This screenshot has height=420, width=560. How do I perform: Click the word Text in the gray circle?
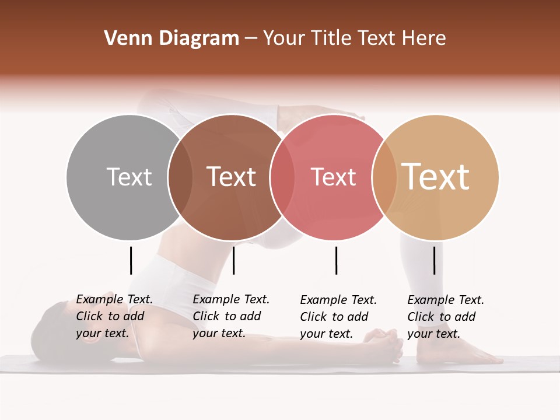tap(129, 177)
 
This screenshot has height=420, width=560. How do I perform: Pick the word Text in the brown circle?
tap(232, 177)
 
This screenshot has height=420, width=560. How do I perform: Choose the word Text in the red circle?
tap(333, 177)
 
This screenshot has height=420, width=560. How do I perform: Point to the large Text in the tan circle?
tap(436, 176)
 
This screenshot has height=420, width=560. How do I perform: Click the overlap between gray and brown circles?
tap(180, 177)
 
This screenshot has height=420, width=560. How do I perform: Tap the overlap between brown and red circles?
tap(281, 177)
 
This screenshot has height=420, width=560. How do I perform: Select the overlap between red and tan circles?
tap(383, 177)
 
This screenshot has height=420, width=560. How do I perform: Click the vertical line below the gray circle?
tap(131, 260)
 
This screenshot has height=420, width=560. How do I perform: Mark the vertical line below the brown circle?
tap(233, 260)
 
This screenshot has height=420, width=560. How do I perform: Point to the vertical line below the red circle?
tap(336, 260)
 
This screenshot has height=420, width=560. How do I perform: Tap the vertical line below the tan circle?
tap(435, 260)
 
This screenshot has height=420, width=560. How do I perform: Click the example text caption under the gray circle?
tap(114, 316)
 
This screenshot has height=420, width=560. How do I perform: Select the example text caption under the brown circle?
tap(231, 316)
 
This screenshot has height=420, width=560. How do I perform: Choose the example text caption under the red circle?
tap(338, 317)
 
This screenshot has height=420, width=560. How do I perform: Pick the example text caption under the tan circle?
tap(446, 317)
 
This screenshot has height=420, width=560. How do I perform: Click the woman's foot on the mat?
tap(467, 353)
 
